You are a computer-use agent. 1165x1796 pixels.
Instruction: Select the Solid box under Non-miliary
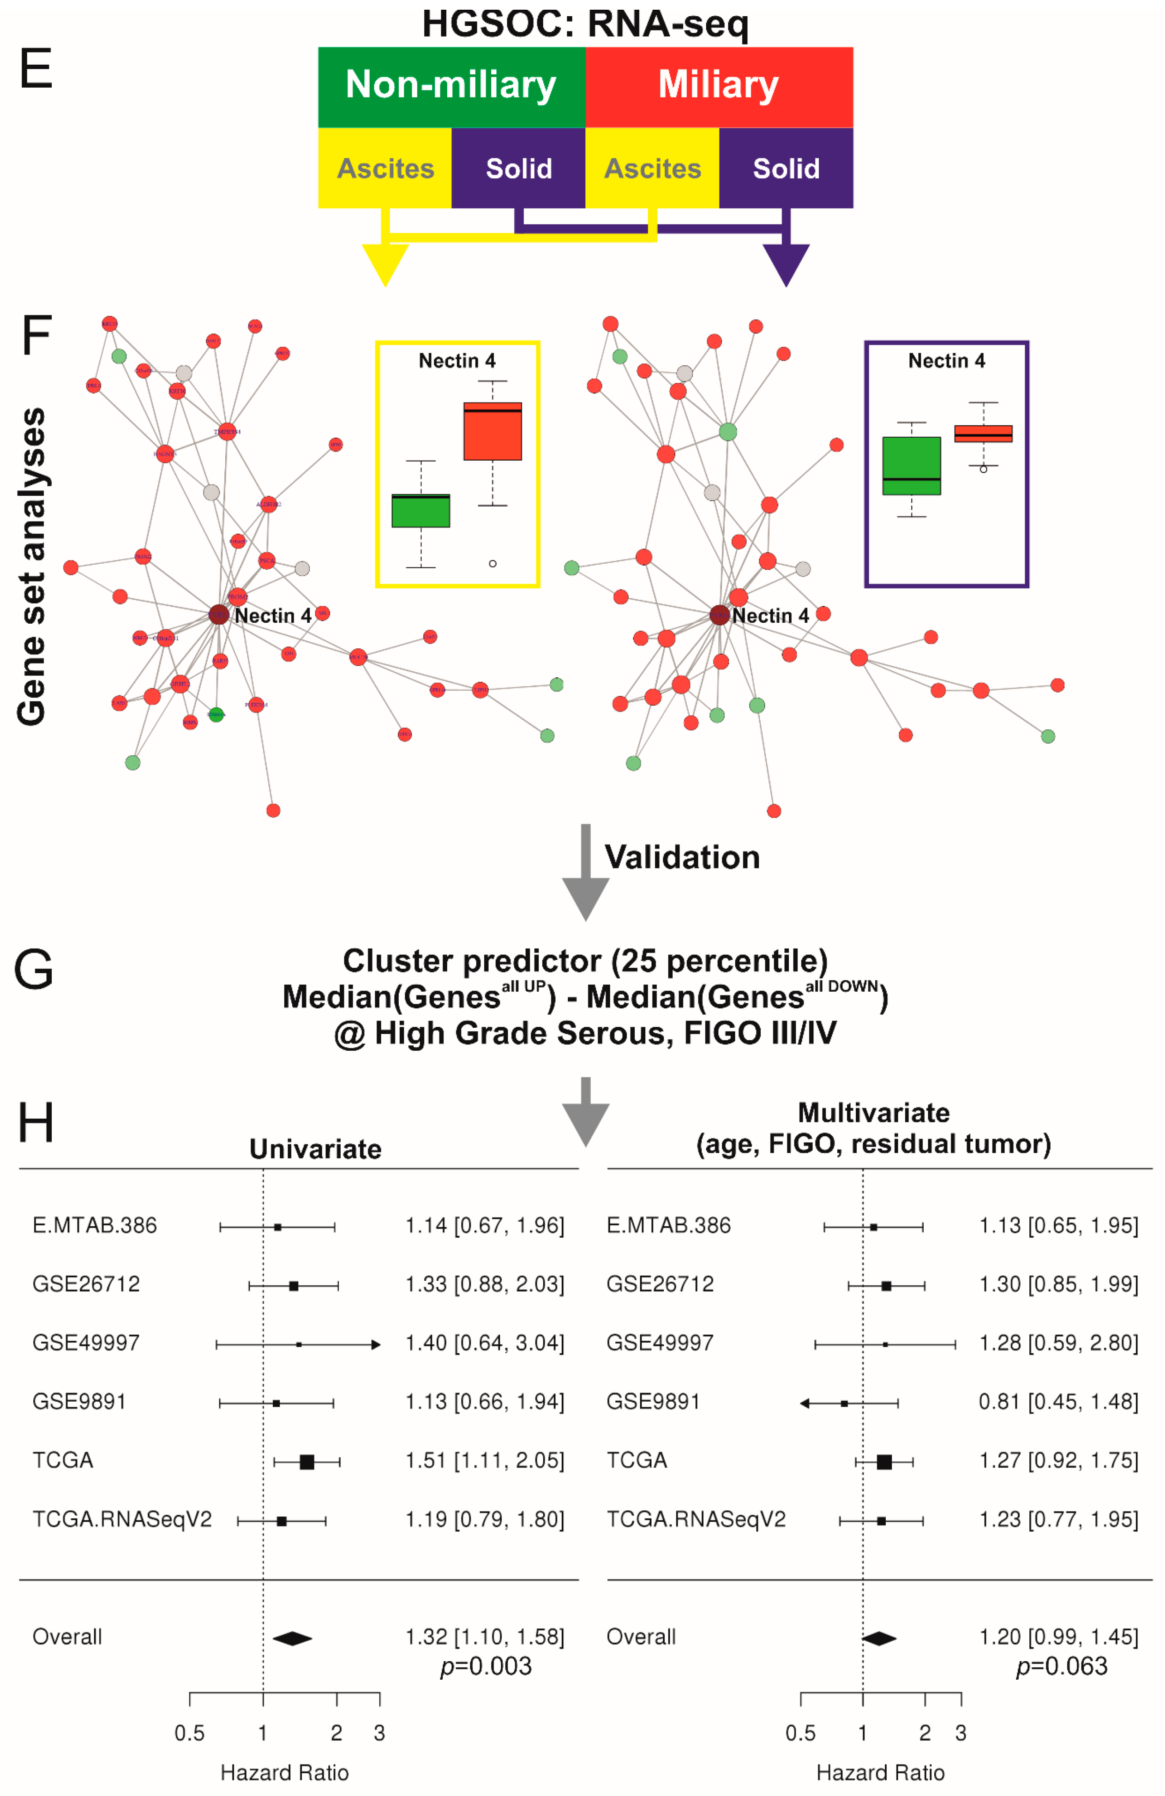click(x=518, y=168)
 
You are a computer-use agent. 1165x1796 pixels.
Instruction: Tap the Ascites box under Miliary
click(x=652, y=168)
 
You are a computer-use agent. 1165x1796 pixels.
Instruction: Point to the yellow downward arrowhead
click(x=385, y=264)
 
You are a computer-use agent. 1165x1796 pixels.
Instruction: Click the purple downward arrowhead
click(x=786, y=264)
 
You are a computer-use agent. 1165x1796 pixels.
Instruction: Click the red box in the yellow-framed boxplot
click(x=492, y=432)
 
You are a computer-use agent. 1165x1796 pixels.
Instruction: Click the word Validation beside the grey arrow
click(x=681, y=857)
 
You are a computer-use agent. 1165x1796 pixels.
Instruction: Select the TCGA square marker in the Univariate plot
click(x=306, y=1462)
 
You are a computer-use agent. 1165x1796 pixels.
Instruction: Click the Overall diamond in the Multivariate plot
click(x=879, y=1638)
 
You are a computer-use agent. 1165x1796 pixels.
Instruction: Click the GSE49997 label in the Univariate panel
click(x=86, y=1343)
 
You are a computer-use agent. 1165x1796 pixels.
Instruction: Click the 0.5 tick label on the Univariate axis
click(x=189, y=1733)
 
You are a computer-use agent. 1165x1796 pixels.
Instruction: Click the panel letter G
click(x=34, y=970)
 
